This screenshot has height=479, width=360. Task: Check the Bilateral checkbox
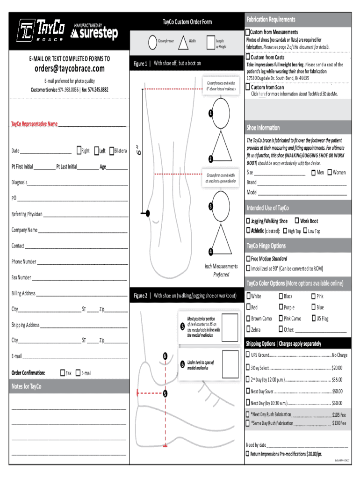(111, 151)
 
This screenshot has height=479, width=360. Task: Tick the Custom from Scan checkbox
(248, 87)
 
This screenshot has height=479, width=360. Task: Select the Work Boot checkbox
(297, 221)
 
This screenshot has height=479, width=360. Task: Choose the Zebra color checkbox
(248, 330)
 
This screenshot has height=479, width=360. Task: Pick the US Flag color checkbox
(313, 319)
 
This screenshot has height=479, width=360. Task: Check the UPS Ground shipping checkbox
(248, 355)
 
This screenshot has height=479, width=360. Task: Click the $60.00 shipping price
(337, 403)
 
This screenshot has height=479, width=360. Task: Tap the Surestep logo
(94, 33)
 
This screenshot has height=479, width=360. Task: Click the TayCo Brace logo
(41, 30)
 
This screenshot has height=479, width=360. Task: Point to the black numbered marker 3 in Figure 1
(211, 206)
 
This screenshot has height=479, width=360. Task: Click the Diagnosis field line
(77, 183)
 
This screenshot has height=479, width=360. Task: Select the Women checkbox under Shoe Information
(330, 173)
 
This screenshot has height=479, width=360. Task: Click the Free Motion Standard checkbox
(248, 259)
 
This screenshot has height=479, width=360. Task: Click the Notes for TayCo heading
(27, 386)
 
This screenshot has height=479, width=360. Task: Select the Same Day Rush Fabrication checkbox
(248, 423)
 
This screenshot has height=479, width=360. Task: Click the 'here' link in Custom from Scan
(262, 94)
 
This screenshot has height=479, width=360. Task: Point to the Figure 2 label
(140, 296)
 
